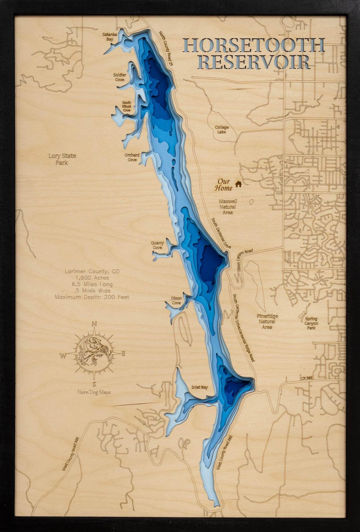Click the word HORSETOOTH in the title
[x=254, y=46]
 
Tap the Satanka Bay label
[x=108, y=37]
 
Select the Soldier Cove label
[x=120, y=77]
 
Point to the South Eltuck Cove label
[x=127, y=106]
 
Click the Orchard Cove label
[x=132, y=157]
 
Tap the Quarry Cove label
[x=157, y=245]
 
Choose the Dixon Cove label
[x=176, y=301]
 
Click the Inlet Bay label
[x=199, y=387]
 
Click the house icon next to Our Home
[x=238, y=184]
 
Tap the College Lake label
[x=222, y=129]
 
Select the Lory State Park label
[x=62, y=159]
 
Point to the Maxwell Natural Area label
[x=228, y=207]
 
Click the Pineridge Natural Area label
[x=267, y=322]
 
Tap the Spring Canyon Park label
[x=311, y=323]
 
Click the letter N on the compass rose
[x=94, y=324]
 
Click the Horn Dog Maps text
[x=94, y=392]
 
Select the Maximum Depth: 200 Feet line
[x=92, y=297]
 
